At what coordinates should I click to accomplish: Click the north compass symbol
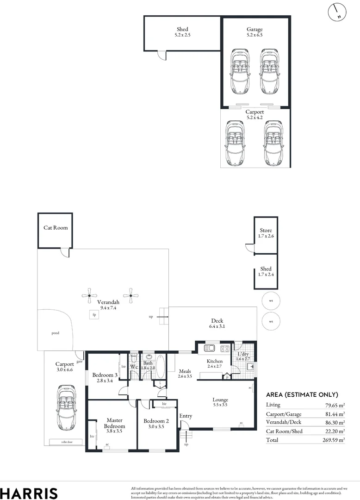337,12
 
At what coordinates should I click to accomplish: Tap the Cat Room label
56,228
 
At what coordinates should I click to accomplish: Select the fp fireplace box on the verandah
94,315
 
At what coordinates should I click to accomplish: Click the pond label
56,333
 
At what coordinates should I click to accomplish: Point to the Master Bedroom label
114,423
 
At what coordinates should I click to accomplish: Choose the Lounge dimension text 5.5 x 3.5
220,405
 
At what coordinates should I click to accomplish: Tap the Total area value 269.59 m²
333,440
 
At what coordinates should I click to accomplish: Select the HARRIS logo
29,493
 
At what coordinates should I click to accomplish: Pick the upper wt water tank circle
271,300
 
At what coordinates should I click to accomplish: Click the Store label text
266,231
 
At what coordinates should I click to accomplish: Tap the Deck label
217,321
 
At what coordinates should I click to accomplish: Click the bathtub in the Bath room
160,367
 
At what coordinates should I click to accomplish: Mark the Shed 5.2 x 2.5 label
182,32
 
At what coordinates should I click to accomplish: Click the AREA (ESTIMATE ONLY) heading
302,395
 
